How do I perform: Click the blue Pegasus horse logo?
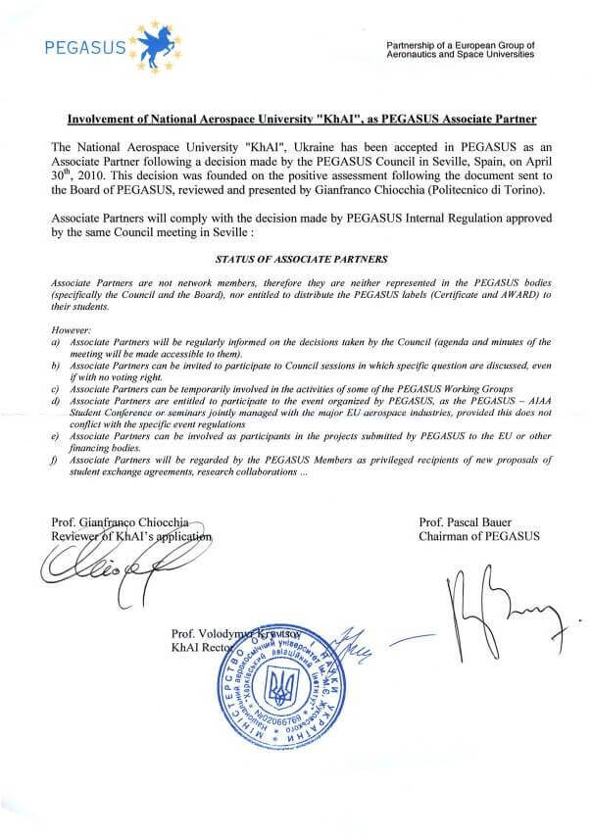(x=157, y=38)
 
